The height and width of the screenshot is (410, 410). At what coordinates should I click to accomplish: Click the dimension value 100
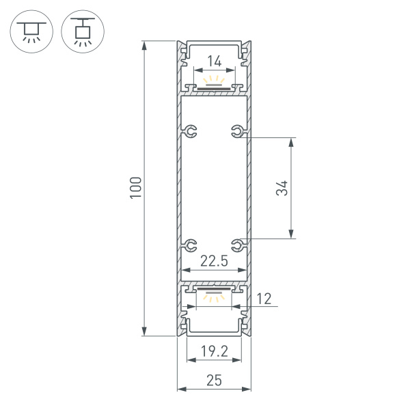click(x=136, y=188)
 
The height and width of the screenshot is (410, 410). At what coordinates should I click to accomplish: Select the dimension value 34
click(x=282, y=188)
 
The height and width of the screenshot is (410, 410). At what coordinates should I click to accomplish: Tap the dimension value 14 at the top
click(x=214, y=61)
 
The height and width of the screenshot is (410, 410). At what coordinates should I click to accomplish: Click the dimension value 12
click(x=264, y=298)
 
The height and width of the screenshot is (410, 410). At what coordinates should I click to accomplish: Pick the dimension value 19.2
click(x=214, y=352)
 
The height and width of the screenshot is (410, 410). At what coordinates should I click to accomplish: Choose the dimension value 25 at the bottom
click(x=214, y=381)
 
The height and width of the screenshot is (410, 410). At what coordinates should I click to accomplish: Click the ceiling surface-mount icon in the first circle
click(x=31, y=31)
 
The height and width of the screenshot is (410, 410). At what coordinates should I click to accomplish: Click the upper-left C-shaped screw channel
click(x=191, y=131)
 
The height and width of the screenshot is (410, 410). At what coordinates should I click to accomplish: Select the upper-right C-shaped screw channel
click(x=237, y=131)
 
